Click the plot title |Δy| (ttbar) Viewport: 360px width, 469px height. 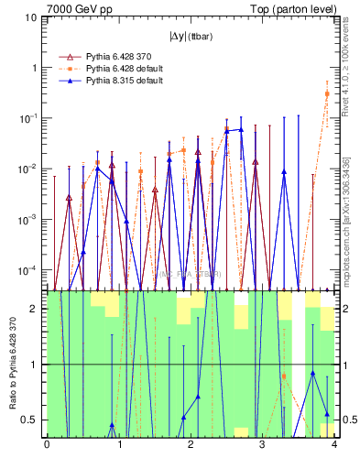(190, 37)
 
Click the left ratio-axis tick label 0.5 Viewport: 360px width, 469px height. (28, 420)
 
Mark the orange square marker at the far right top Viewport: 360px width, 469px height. (328, 93)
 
